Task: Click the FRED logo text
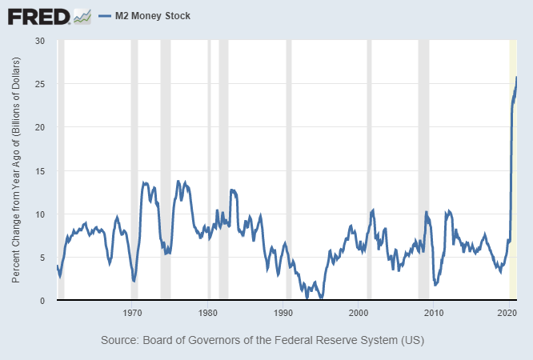pyautogui.click(x=38, y=15)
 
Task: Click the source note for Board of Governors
pyautogui.click(x=262, y=340)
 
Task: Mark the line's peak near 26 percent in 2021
pyautogui.click(x=516, y=78)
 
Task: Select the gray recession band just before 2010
pyautogui.click(x=423, y=160)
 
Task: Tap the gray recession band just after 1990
pyautogui.click(x=289, y=160)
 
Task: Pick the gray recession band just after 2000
pyautogui.click(x=368, y=160)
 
